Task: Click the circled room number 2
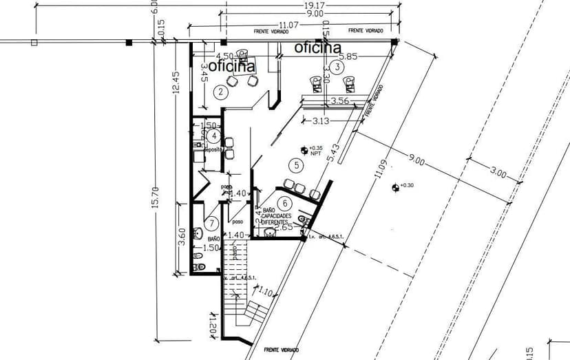click(x=221, y=92)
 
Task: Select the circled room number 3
click(x=337, y=67)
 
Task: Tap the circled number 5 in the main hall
click(x=297, y=165)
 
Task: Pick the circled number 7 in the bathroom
click(x=212, y=223)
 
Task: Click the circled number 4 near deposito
click(x=215, y=136)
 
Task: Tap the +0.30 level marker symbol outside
click(x=394, y=186)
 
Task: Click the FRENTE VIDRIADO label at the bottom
click(x=282, y=350)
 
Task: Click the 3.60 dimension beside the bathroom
click(x=182, y=237)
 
